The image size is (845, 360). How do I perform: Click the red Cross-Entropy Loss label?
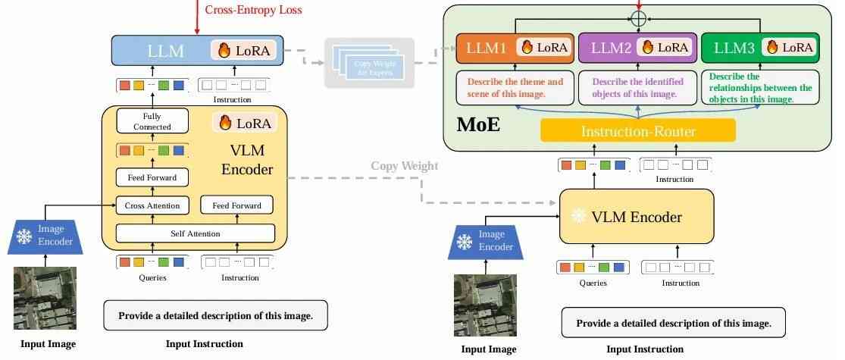(x=253, y=10)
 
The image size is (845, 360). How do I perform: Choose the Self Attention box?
(x=195, y=233)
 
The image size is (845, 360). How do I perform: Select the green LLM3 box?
(x=759, y=48)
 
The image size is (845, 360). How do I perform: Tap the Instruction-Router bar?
(x=638, y=131)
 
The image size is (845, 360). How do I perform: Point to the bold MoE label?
(x=478, y=124)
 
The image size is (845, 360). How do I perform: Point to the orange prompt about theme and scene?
(x=515, y=87)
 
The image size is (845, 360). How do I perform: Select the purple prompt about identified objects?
(x=637, y=87)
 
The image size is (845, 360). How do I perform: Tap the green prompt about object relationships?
(x=759, y=87)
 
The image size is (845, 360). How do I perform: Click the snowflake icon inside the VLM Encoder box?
(x=579, y=217)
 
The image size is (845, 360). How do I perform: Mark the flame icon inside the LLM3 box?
(x=772, y=47)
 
